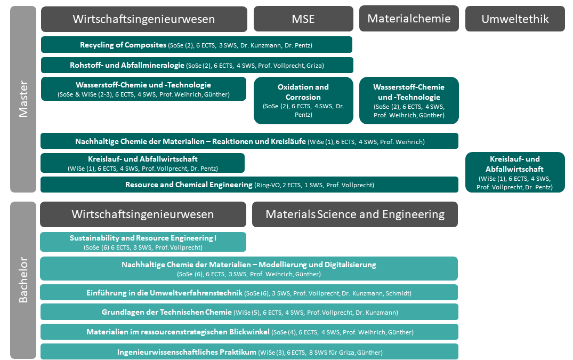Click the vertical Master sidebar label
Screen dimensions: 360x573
coord(23,99)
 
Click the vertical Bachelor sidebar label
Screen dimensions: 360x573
coord(23,280)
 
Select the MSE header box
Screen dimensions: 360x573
coord(303,19)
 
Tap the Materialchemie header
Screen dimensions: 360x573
coord(409,19)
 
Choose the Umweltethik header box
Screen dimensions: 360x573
coord(515,19)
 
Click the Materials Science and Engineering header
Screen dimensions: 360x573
coord(355,214)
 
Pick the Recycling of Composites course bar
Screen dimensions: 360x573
coord(197,45)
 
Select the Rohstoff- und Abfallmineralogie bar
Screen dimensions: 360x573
coord(197,65)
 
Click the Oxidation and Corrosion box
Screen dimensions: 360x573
coord(303,100)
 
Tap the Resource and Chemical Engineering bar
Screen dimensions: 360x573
coord(249,185)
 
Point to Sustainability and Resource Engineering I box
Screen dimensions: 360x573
coord(143,242)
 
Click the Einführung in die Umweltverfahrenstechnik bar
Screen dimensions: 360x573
coord(249,293)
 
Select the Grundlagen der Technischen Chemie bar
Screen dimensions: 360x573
coord(249,312)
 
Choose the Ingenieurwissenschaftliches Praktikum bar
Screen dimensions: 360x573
coord(249,352)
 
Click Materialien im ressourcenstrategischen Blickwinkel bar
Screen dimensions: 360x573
coord(249,332)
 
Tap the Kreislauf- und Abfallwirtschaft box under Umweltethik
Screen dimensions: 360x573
coord(515,172)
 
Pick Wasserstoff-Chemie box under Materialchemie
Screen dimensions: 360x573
coord(409,100)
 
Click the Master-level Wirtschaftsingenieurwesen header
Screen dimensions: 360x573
coord(144,19)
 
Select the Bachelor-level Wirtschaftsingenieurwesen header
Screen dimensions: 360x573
coord(143,214)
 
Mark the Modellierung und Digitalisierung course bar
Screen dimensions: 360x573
coord(249,269)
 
